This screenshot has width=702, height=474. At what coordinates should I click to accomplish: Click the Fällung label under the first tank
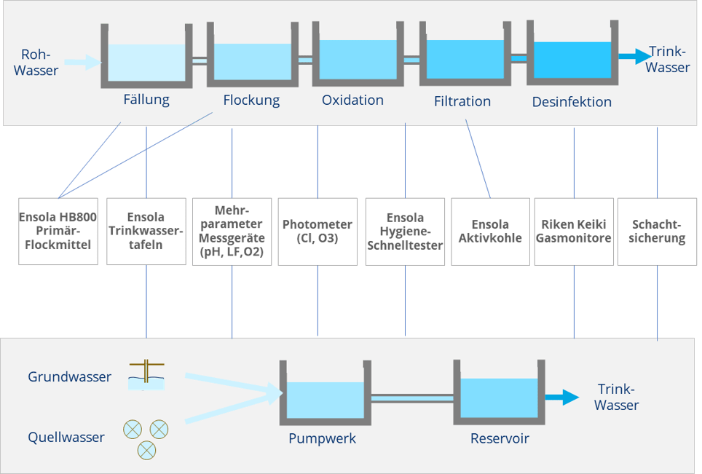click(146, 100)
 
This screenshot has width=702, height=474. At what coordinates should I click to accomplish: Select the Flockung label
click(251, 100)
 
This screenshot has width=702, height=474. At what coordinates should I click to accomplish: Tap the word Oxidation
click(352, 100)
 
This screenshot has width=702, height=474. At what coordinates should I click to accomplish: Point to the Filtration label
click(462, 101)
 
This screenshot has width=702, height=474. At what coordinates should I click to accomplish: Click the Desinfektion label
click(572, 101)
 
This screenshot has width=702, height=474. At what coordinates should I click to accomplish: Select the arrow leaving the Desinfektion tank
click(634, 55)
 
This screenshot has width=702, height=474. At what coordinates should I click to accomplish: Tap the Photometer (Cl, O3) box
click(318, 231)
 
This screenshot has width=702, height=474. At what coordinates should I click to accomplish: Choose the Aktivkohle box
click(490, 231)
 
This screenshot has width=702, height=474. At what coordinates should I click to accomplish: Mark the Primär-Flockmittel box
click(58, 231)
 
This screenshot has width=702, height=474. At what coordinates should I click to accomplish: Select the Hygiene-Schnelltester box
click(404, 231)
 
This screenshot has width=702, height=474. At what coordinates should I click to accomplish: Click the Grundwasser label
click(70, 377)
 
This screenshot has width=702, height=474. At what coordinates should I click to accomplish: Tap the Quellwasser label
click(66, 438)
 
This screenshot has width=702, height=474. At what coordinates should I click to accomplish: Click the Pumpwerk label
click(322, 438)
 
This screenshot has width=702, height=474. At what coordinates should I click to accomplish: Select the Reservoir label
click(500, 438)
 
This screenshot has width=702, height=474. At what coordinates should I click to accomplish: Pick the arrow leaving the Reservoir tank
click(563, 398)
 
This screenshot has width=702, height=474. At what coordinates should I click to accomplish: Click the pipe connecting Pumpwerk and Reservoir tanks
click(411, 398)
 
